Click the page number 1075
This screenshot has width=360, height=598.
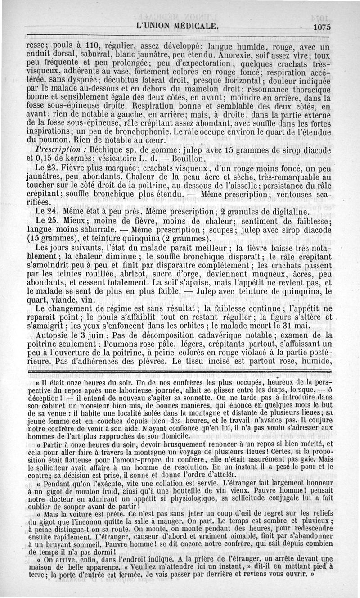(322, 27)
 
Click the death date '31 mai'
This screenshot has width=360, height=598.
(320, 326)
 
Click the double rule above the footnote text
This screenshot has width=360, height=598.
(180, 371)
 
